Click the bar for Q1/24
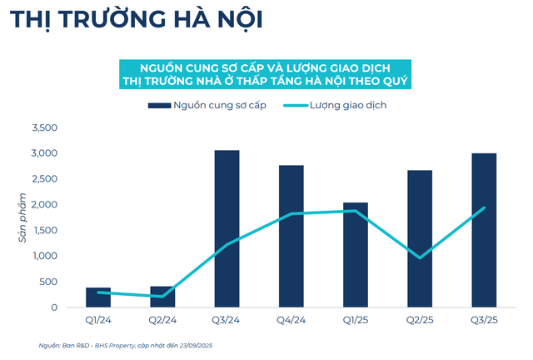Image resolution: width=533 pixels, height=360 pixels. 98,297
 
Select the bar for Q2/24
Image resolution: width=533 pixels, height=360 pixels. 162,297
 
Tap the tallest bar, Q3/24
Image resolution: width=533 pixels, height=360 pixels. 227,229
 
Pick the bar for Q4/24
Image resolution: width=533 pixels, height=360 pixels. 291,237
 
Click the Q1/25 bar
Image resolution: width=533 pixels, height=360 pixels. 356,255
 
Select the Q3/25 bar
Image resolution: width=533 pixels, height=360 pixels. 484,231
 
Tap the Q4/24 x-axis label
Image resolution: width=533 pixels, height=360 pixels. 291,319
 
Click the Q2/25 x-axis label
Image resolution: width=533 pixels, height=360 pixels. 420,319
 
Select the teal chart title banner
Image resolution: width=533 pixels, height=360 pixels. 266,72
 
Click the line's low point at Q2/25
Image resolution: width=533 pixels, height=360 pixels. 420,257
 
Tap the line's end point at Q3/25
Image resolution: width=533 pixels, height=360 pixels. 484,208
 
